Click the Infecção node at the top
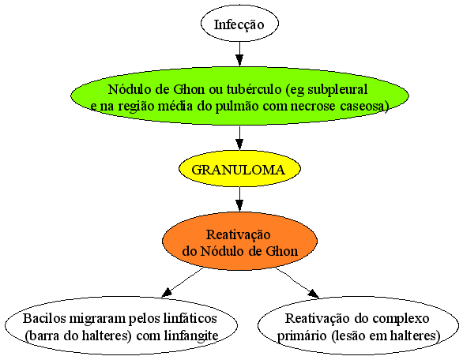[239, 24]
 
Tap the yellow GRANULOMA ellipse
[239, 169]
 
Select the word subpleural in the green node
[337, 89]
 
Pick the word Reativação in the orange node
[239, 235]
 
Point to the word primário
[302, 336]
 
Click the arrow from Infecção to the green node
[239, 54]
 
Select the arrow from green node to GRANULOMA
[239, 138]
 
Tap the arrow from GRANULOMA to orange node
[239, 199]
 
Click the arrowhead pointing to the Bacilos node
[167, 292]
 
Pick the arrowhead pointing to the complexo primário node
[314, 294]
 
